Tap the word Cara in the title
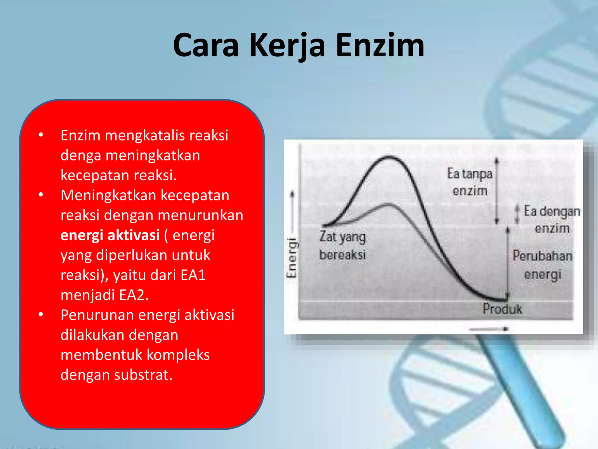point(206,45)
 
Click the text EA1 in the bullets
point(193,275)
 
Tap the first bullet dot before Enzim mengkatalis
point(41,135)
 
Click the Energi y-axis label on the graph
point(291,257)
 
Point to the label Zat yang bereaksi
point(342,246)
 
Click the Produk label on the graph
point(502,309)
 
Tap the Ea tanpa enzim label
point(470,182)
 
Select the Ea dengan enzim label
point(552,219)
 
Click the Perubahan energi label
point(543,265)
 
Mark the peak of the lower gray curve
point(388,204)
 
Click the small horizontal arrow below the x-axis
point(489,329)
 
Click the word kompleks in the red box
point(178,355)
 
